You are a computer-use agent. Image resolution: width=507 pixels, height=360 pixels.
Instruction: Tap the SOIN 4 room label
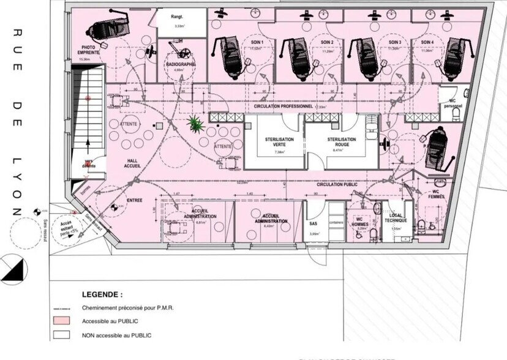(x=424, y=42)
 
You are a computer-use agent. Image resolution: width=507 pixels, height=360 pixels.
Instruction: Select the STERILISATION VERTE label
(x=279, y=142)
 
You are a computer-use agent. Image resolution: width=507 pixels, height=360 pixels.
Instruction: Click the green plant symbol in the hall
(x=196, y=124)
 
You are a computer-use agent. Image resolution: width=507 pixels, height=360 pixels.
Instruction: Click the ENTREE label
(x=135, y=200)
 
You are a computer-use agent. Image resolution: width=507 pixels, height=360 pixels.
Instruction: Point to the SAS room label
(x=312, y=223)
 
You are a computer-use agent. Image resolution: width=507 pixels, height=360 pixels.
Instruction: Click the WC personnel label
(x=453, y=103)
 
